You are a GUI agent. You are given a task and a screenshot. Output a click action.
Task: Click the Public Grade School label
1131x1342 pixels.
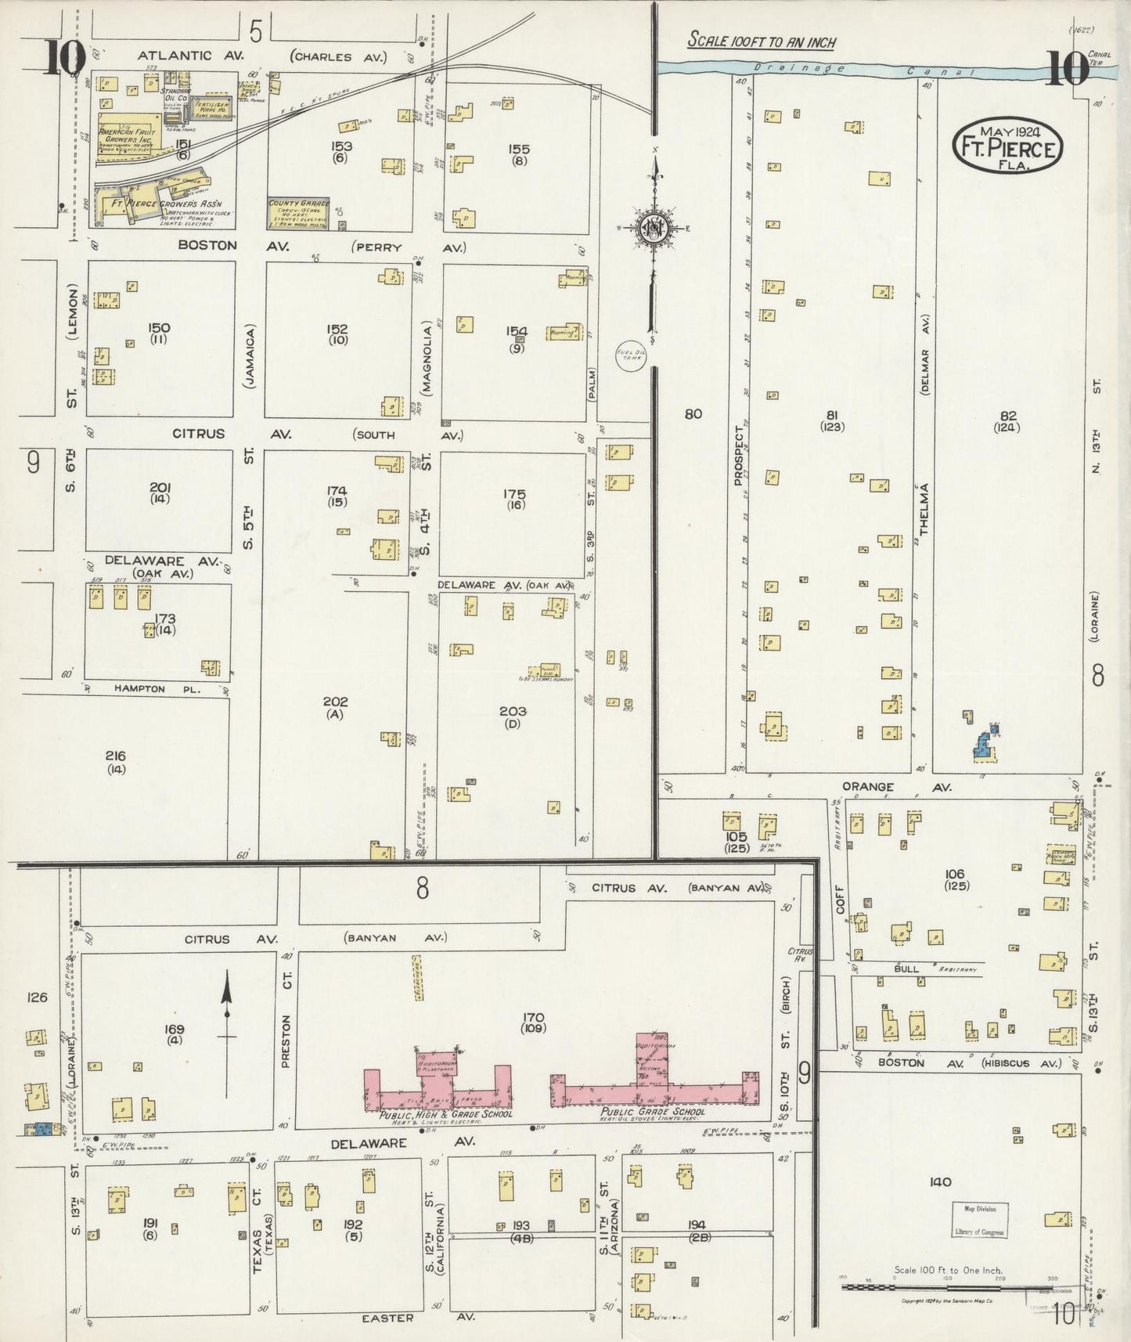(x=653, y=1111)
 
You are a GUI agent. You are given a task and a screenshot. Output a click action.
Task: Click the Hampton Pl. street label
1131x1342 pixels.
(x=139, y=689)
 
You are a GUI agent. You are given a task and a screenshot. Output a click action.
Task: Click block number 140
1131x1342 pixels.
(x=939, y=1182)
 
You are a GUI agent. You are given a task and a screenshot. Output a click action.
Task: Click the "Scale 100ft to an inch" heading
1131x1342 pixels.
(x=762, y=41)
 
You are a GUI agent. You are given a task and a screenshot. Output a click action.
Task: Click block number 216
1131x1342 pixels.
(x=115, y=756)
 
